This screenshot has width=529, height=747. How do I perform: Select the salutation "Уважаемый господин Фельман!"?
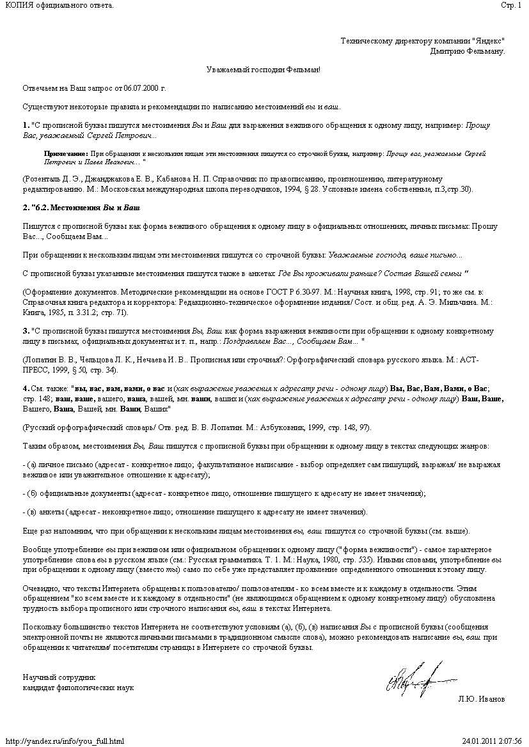pos(263,69)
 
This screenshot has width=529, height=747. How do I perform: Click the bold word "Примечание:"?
pos(66,154)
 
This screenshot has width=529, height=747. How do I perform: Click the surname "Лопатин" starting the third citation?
pos(39,360)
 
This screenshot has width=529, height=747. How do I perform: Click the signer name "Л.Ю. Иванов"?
pos(481,699)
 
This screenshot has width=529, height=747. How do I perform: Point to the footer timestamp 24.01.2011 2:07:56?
pos(491,741)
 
